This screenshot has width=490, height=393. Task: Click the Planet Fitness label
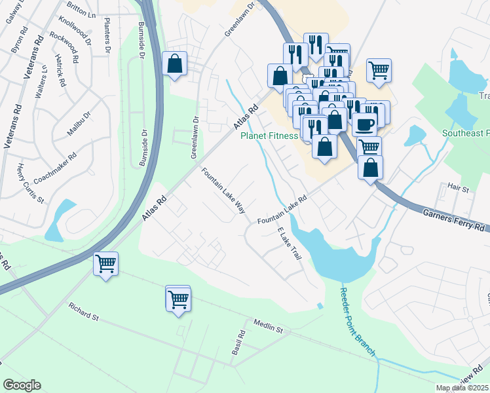tap(269, 136)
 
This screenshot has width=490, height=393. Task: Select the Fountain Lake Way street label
tap(223, 191)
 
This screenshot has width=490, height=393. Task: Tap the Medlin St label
tap(268, 325)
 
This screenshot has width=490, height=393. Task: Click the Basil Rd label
tap(238, 343)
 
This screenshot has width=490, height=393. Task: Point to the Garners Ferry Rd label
tap(453, 220)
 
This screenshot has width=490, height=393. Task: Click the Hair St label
tap(459, 189)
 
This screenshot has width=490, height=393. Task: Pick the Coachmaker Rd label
tap(55, 168)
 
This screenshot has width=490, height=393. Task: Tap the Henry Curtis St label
tap(30, 183)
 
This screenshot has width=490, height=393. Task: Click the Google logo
tap(22, 385)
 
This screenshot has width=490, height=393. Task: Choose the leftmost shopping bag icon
tap(175, 64)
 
